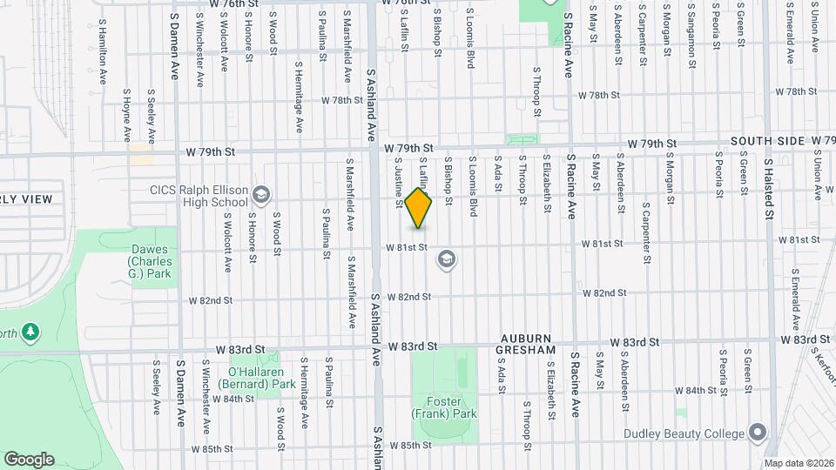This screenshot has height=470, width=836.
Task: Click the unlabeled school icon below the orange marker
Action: coord(448,258)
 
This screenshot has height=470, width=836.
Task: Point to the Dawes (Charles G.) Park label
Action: coord(150,262)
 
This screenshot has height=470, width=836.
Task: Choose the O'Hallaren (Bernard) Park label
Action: coord(262,377)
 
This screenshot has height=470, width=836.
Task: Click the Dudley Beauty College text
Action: coord(684,433)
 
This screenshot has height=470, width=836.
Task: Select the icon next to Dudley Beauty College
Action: coord(758,433)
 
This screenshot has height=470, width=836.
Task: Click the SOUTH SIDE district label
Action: coord(767,140)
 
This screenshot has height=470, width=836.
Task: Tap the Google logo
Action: coord(29,459)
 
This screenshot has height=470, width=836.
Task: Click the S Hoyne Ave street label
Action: coord(127,115)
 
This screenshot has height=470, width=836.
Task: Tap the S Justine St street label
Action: coord(398,183)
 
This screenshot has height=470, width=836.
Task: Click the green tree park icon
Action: coord(30,332)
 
